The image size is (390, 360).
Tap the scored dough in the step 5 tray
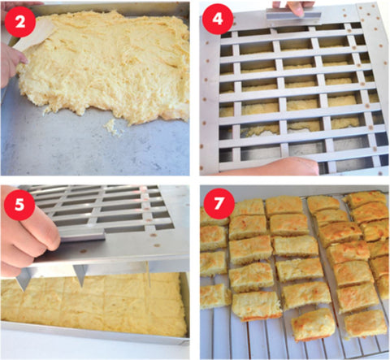(x=97, y=301)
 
